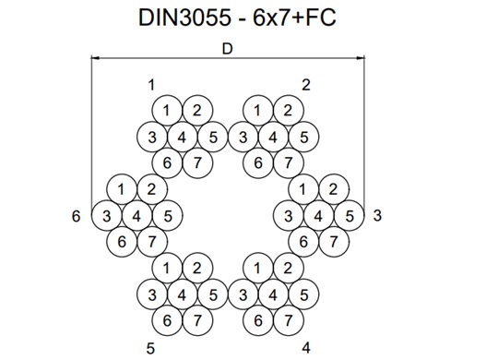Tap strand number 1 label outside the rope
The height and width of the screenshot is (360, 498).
tap(151, 85)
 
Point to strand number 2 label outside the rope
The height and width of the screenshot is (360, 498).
tap(306, 85)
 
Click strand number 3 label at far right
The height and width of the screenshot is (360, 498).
tap(378, 216)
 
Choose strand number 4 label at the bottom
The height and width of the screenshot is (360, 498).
tap(306, 347)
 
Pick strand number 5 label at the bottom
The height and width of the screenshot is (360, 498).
tap(151, 347)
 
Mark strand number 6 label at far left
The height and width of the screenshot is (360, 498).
tap(76, 216)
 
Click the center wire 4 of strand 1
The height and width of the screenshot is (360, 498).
tap(182, 138)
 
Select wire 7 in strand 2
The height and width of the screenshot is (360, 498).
tap(288, 163)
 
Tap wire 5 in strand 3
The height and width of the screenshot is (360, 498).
tap(349, 217)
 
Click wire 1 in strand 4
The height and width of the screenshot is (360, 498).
tap(257, 269)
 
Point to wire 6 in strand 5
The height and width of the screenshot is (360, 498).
tap(167, 321)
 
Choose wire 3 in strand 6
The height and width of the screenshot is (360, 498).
tap(107, 217)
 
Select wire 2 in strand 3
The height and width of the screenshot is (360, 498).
tap(334, 190)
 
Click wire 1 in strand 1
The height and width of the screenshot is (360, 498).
tap(167, 111)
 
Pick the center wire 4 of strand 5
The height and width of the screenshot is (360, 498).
tap(182, 295)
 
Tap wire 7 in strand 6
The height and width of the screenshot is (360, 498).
tap(152, 243)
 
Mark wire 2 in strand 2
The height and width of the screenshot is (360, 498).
tap(288, 111)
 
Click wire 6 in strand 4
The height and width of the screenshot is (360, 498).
tap(257, 321)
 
